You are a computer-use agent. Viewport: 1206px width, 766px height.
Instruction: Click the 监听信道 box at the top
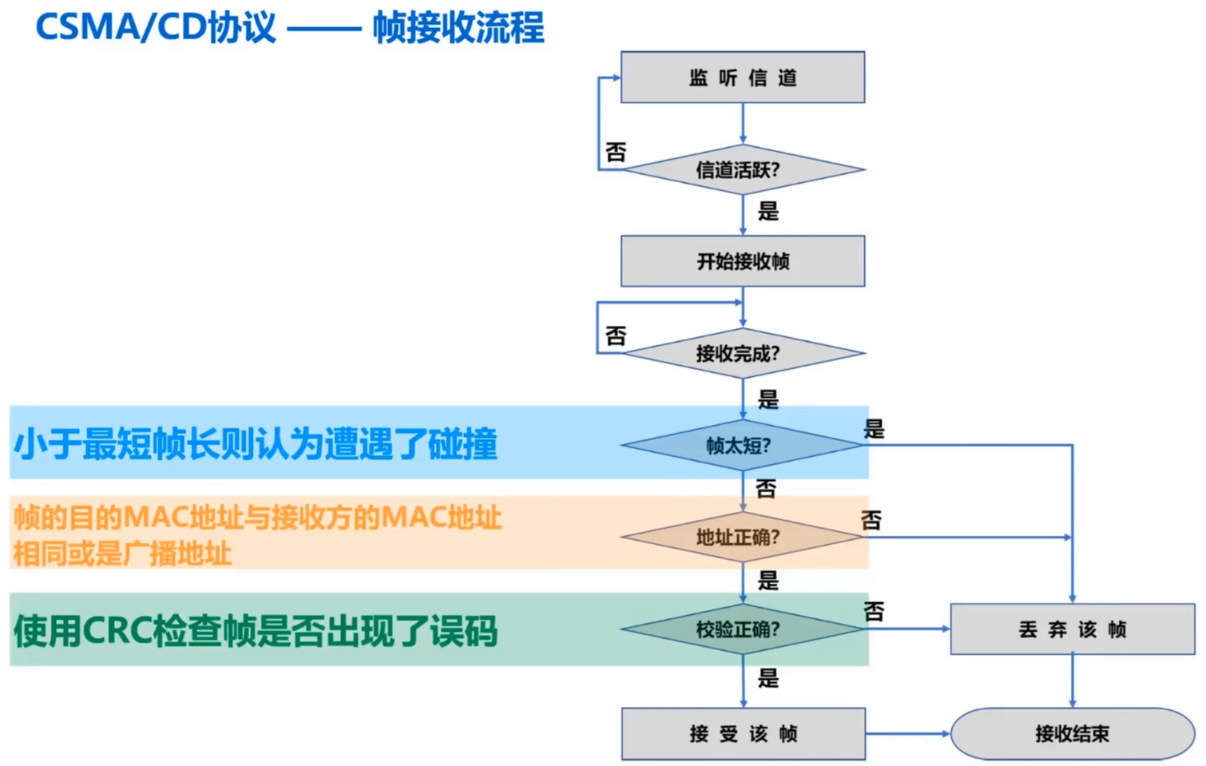coord(742,77)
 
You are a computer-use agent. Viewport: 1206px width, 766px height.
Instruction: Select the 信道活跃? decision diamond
coord(742,169)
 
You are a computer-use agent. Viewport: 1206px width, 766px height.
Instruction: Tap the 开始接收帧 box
coord(742,261)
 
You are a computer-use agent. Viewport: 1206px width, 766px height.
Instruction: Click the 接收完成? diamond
coord(742,353)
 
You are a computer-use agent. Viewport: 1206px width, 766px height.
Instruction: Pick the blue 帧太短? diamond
coord(742,445)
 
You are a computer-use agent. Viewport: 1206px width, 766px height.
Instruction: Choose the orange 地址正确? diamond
coord(742,537)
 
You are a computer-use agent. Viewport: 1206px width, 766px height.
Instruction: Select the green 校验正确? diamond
coord(742,629)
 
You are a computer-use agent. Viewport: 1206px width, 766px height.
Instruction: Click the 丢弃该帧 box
coord(1072,629)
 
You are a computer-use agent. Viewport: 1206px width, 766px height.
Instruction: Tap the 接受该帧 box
coord(743,733)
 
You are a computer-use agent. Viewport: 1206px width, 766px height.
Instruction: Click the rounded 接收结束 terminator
coord(1072,733)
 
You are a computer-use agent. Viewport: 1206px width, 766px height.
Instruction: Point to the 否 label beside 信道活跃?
coord(616,152)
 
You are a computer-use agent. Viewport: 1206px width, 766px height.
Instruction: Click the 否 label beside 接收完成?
coord(616,335)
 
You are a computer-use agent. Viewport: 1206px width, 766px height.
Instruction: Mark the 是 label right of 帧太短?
coord(874,429)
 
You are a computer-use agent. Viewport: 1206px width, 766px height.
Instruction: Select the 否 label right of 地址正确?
coord(871,521)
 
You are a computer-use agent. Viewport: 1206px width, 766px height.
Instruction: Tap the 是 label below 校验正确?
coord(768,678)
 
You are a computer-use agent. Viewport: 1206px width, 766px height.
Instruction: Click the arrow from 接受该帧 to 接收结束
coord(907,733)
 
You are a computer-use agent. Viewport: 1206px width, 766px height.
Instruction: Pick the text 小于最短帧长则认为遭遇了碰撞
coord(256,444)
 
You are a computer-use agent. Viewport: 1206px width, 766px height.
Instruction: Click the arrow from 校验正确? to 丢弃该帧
coord(907,629)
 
